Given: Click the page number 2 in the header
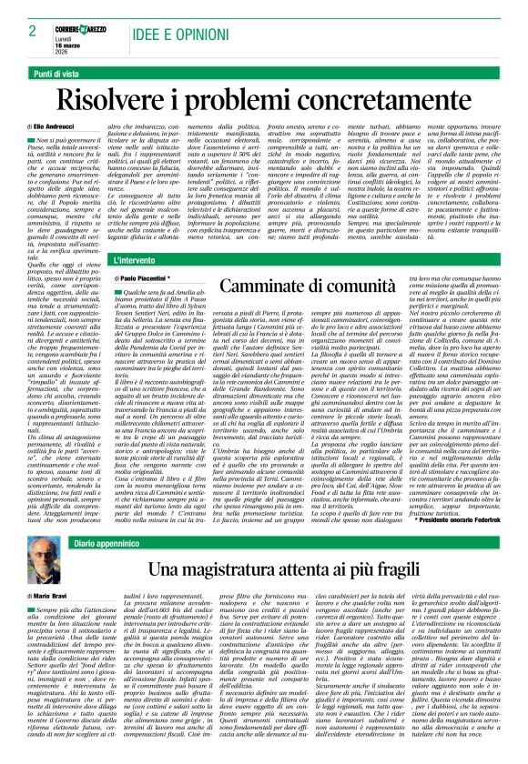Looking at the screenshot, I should (x=32, y=30).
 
